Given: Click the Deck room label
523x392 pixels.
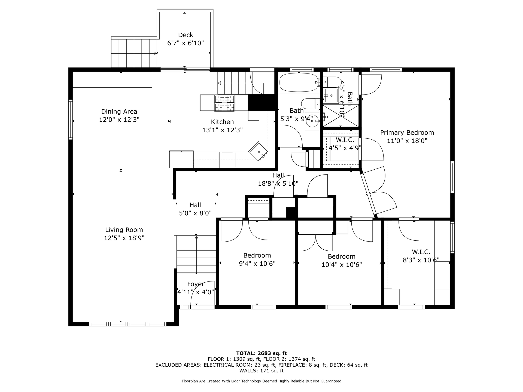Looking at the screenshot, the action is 186,35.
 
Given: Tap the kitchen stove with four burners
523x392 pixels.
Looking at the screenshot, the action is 224,103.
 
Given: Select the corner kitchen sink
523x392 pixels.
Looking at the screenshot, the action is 259,151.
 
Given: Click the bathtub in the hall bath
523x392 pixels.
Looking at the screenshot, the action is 299,82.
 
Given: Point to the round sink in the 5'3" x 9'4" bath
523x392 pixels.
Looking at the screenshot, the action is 312,121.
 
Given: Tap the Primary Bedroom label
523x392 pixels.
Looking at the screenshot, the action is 407,133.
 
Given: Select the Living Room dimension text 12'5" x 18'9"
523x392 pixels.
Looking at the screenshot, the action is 124,238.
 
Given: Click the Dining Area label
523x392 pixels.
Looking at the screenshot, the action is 119,111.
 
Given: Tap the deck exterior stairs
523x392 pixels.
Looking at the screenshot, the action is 134,53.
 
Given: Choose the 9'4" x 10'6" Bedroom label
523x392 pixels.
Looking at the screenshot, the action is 257,259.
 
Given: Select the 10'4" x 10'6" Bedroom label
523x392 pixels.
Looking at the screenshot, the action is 342,261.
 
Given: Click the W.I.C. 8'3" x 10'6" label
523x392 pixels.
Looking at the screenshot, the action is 421,256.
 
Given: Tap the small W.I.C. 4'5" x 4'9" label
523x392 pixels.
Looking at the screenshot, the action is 345,144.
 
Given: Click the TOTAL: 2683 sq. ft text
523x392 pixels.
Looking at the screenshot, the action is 261,353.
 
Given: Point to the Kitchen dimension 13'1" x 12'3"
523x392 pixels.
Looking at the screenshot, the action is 222,130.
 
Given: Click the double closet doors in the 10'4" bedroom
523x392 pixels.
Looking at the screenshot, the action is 316,242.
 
